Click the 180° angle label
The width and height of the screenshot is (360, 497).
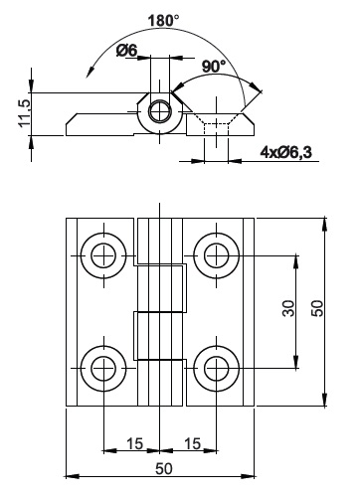(x=163, y=21)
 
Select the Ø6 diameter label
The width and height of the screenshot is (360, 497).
(x=126, y=51)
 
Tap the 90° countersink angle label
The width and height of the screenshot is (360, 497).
(x=214, y=67)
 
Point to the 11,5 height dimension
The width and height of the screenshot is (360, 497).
(x=25, y=112)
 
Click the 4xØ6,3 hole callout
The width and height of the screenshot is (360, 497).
(x=286, y=152)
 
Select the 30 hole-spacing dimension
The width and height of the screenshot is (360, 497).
(x=288, y=308)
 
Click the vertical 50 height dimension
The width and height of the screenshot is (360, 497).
(x=317, y=308)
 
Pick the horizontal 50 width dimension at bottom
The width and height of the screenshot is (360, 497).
(x=164, y=469)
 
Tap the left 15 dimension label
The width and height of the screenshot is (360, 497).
(x=134, y=443)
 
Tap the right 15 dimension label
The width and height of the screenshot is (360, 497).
(x=192, y=443)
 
